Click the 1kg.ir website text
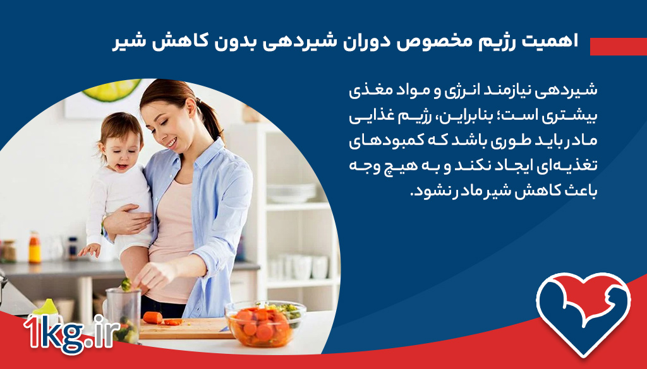71,333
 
